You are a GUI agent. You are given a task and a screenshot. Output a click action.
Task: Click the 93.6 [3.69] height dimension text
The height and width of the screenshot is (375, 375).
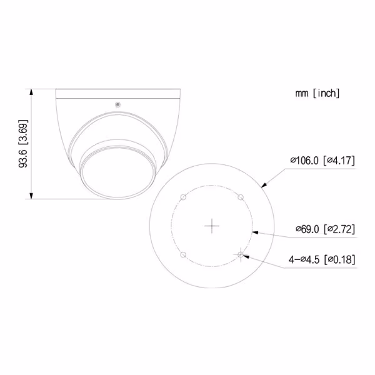pyautogui.click(x=23, y=144)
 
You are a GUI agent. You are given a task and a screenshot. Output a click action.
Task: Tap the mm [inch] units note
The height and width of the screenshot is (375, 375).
pyautogui.click(x=317, y=93)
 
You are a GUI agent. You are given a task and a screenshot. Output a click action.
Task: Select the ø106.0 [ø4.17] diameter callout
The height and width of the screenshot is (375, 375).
pyautogui.click(x=322, y=161)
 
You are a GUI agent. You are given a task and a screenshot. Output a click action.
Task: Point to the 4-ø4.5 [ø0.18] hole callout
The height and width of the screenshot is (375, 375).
pyautogui.click(x=322, y=259)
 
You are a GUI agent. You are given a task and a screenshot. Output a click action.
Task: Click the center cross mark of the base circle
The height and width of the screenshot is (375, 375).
pyautogui.click(x=212, y=226)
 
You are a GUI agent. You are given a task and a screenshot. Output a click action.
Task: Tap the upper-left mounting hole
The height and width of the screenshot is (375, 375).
pyautogui.click(x=182, y=197)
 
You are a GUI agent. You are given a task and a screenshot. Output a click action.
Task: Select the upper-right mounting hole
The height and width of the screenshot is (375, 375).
pyautogui.click(x=241, y=197)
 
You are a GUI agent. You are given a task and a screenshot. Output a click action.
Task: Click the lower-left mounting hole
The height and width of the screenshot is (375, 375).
pyautogui.click(x=182, y=255)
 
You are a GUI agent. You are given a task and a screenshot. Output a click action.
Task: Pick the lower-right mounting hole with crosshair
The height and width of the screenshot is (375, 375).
pyautogui.click(x=241, y=254)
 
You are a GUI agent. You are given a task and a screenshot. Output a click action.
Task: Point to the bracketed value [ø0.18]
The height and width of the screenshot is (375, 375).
pyautogui.click(x=341, y=259)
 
